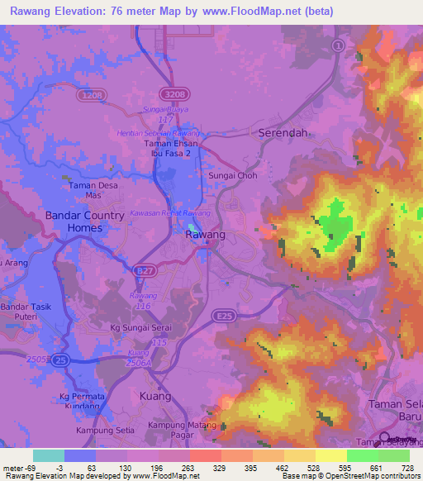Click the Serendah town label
pyautogui.click(x=284, y=132)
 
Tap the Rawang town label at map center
pyautogui.click(x=205, y=236)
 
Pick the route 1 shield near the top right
pyautogui.click(x=337, y=45)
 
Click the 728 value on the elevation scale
pyautogui.click(x=408, y=469)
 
